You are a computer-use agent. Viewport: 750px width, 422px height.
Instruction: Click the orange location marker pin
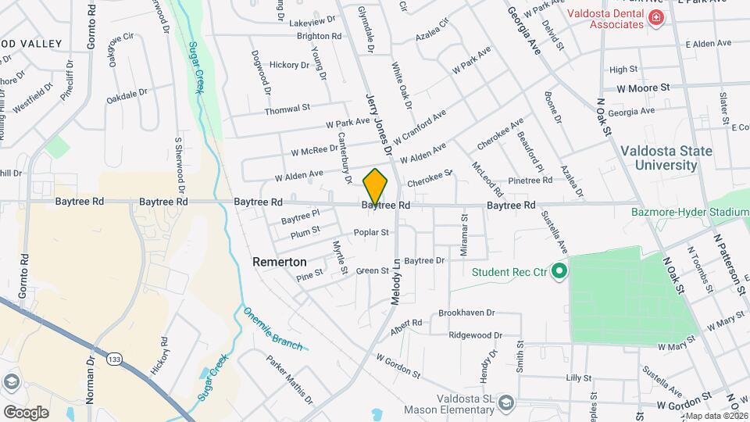pyautogui.click(x=376, y=186)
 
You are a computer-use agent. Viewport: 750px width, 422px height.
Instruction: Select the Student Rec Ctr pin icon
pyautogui.click(x=559, y=272)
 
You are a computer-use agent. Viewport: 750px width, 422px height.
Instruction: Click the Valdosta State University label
pyautogui.click(x=659, y=158)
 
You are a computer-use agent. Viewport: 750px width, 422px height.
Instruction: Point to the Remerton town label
pyautogui.click(x=280, y=263)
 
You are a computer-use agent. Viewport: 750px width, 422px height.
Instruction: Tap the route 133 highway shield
pyautogui.click(x=115, y=359)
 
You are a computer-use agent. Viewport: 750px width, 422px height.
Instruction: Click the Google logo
pyautogui.click(x=26, y=412)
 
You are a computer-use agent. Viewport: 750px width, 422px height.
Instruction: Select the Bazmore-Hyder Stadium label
pyautogui.click(x=701, y=212)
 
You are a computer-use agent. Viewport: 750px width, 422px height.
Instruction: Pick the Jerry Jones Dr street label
pyautogui.click(x=377, y=117)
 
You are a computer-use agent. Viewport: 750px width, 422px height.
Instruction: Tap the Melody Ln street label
pyautogui.click(x=395, y=281)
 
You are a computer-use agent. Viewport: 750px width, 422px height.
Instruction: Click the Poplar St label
pyautogui.click(x=372, y=232)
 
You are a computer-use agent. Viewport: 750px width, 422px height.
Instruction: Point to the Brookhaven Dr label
pyautogui.click(x=466, y=313)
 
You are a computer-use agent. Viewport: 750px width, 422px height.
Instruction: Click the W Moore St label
pyautogui.click(x=644, y=88)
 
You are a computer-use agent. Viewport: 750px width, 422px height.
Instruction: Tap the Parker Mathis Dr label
pyautogui.click(x=289, y=380)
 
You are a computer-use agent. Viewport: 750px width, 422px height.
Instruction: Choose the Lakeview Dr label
pyautogui.click(x=312, y=23)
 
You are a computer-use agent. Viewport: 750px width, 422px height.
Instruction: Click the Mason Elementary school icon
pyautogui.click(x=506, y=402)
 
